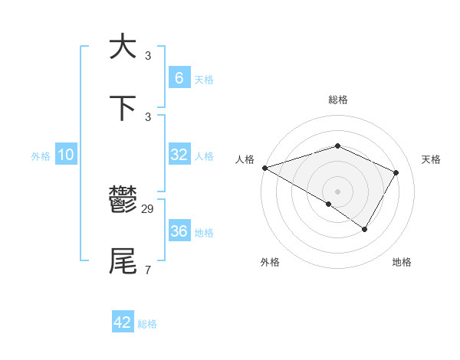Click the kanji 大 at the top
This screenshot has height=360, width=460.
click(123, 47)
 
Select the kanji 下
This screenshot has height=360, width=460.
click(123, 108)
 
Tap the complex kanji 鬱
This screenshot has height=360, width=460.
click(123, 201)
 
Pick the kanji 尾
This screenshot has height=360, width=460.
click(123, 261)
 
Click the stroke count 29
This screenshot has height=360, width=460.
click(148, 208)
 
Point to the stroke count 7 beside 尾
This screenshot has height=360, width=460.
click(147, 269)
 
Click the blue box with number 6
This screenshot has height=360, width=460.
click(179, 78)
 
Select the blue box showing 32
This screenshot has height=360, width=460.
click(179, 155)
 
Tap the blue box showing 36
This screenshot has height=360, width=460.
click(179, 231)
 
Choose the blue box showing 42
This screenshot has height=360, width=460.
click(123, 322)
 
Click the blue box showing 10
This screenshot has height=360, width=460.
click(66, 155)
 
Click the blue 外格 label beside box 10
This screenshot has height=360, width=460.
click(41, 156)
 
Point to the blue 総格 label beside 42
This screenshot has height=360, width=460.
click(147, 324)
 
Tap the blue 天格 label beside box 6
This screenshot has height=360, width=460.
click(203, 80)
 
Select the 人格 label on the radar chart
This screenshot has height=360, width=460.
click(245, 159)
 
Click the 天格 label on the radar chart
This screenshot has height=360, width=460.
click(431, 159)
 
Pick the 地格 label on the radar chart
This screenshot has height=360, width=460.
click(402, 262)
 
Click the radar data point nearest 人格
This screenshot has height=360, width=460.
click(264, 168)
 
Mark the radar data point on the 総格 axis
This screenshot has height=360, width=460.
click(337, 146)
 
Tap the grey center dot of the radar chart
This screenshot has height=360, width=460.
click(337, 191)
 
